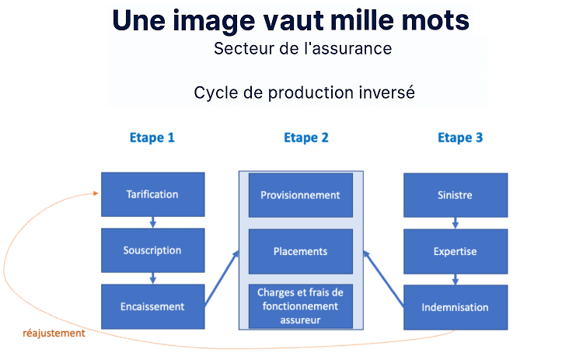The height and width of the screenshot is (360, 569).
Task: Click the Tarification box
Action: (153, 194)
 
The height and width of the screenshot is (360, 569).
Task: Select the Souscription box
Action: (153, 250)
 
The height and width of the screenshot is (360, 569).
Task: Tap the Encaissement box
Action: (153, 306)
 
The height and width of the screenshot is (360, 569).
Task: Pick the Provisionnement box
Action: (301, 195)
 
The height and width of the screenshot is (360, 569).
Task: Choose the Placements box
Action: (301, 251)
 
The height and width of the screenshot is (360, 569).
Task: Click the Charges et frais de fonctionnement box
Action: (301, 306)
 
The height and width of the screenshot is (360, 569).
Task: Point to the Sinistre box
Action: (456, 195)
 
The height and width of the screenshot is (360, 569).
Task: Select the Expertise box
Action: (456, 251)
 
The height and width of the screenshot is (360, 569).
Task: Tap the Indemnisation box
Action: (456, 307)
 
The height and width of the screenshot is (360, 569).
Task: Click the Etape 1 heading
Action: (152, 138)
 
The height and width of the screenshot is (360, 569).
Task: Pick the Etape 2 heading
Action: (306, 138)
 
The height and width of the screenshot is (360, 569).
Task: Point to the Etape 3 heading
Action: (460, 138)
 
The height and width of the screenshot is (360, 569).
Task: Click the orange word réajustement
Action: (54, 333)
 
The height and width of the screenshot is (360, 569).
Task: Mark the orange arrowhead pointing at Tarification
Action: (96, 194)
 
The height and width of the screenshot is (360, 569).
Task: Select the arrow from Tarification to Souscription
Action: (153, 222)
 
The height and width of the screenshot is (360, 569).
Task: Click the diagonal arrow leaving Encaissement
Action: (222, 278)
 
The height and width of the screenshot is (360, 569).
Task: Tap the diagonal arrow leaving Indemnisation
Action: (383, 279)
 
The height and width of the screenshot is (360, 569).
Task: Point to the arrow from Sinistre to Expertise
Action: (456, 223)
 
